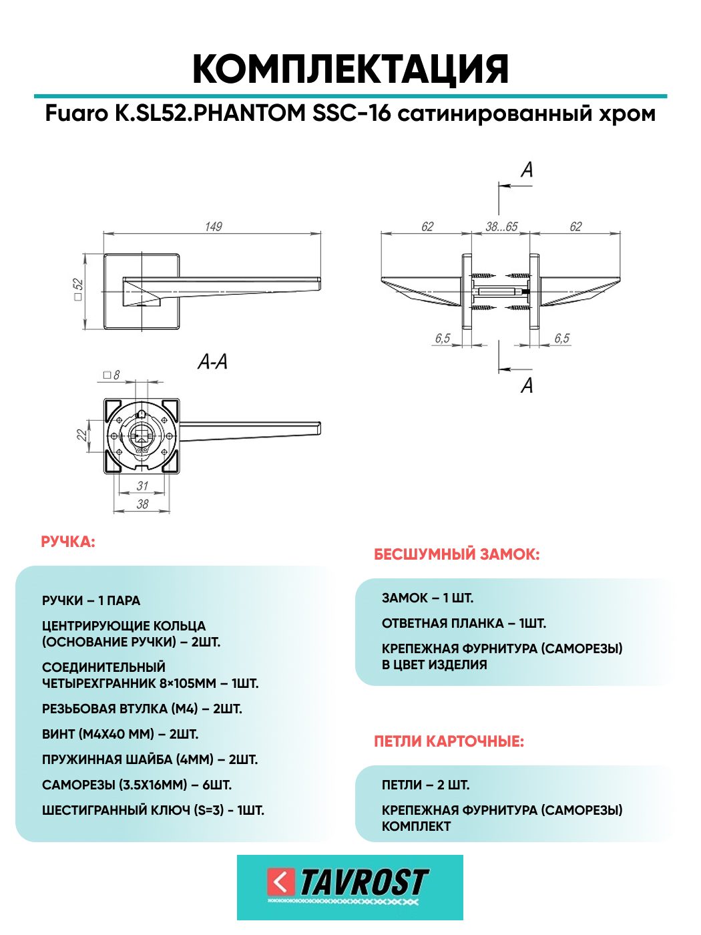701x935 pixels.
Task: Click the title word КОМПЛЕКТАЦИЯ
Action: click(x=350, y=69)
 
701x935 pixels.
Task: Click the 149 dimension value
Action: click(x=214, y=227)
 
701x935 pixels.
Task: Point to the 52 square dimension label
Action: click(x=78, y=289)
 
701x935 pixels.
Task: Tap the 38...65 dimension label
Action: click(x=501, y=227)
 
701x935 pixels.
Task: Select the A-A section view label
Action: click(x=212, y=362)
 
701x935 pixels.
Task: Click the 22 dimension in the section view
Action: click(x=81, y=435)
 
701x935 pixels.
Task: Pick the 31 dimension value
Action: click(x=142, y=486)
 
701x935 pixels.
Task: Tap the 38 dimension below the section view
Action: click(x=142, y=504)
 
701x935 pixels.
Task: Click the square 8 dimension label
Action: click(x=112, y=375)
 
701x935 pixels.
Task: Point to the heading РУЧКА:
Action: click(x=68, y=542)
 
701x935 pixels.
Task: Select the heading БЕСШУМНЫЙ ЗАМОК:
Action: click(x=457, y=554)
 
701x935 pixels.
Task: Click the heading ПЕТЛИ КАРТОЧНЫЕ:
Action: click(x=449, y=741)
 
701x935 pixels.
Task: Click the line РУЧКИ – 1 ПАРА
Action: click(x=91, y=600)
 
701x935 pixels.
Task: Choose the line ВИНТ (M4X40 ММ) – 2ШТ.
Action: click(x=120, y=734)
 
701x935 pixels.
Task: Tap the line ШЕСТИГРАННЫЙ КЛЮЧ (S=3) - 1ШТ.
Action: click(x=153, y=810)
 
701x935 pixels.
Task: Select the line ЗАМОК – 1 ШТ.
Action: click(x=427, y=598)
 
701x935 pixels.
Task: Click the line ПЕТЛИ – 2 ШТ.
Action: click(x=425, y=785)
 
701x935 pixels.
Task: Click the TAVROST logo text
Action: click(x=363, y=883)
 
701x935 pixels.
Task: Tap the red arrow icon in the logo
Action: click(x=281, y=882)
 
